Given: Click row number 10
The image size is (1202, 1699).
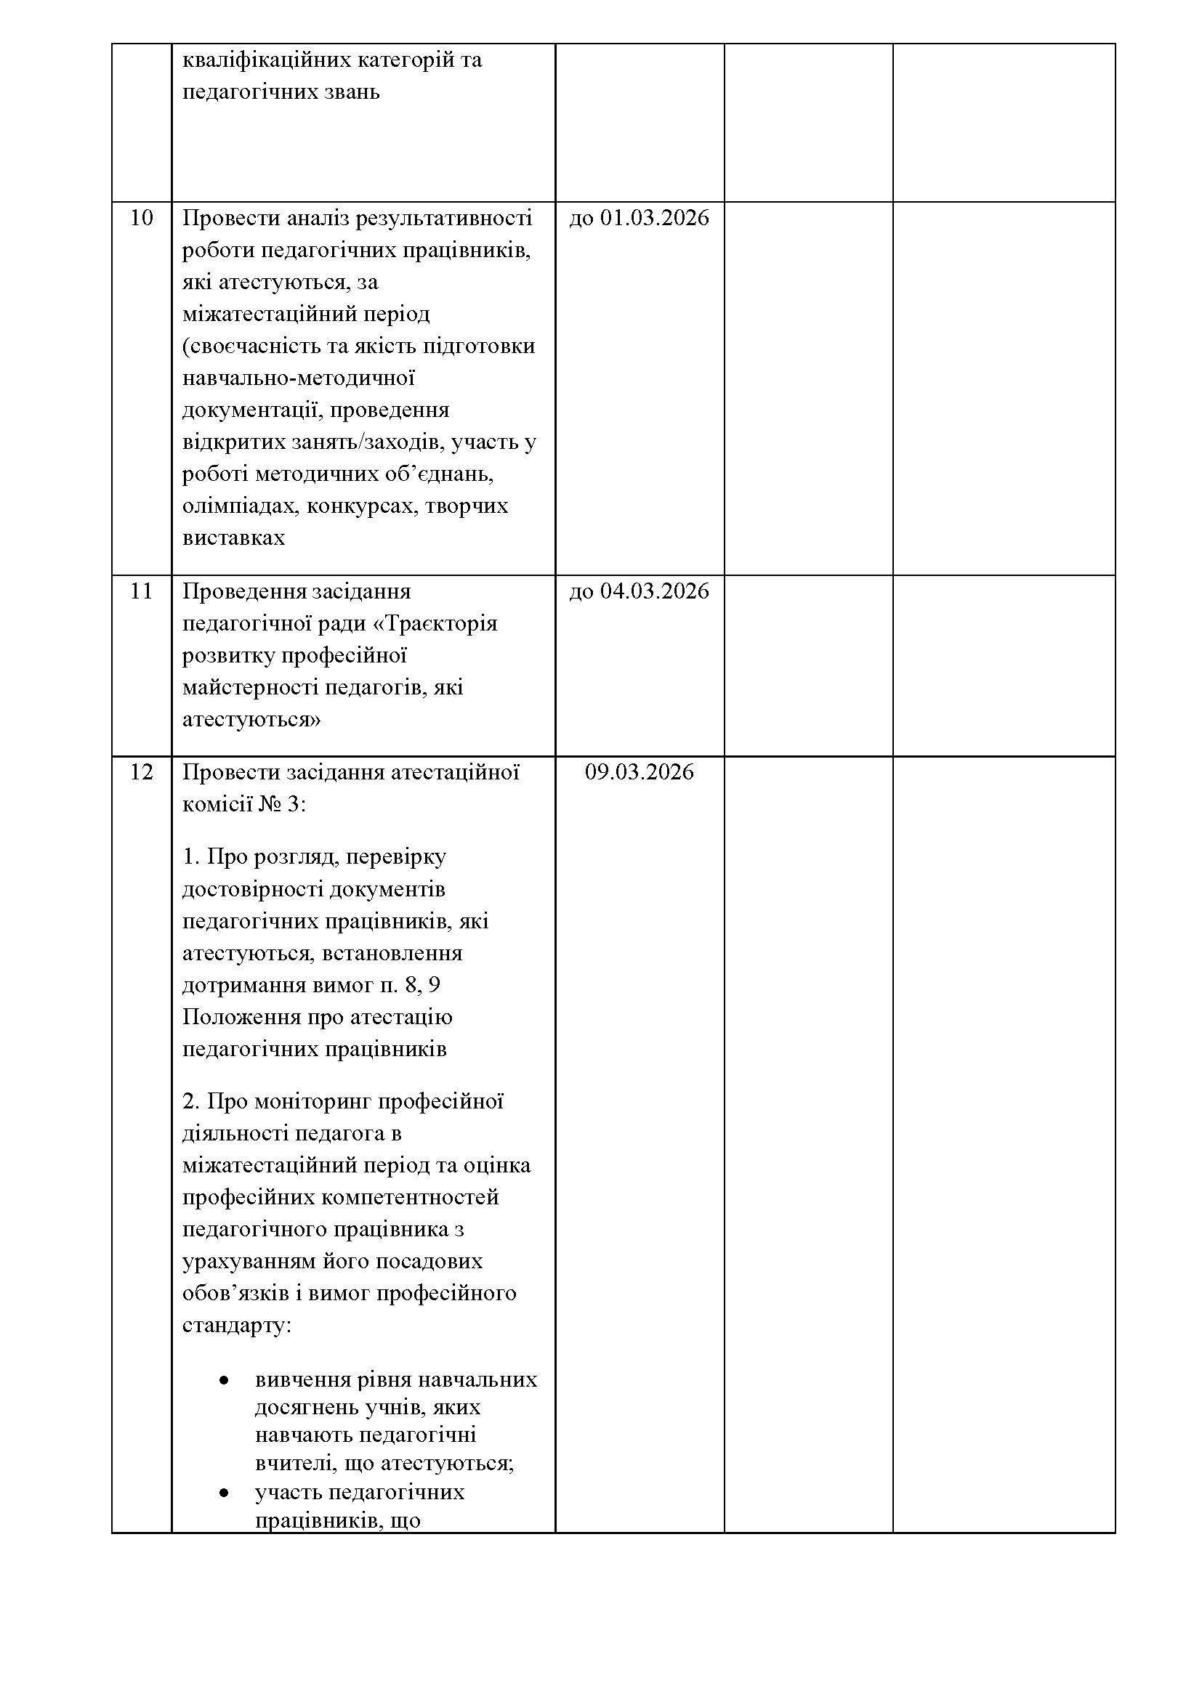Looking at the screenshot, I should click(x=142, y=219).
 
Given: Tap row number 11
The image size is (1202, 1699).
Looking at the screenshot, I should click(x=142, y=592).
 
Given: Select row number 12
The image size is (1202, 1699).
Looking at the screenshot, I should click(x=142, y=773).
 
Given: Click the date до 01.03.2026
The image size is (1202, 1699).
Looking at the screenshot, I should click(x=639, y=219).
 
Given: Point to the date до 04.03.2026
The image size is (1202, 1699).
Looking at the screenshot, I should click(x=639, y=592).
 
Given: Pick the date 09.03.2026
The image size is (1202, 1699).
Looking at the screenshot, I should click(x=639, y=773).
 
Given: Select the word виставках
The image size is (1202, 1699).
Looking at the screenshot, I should click(x=233, y=538).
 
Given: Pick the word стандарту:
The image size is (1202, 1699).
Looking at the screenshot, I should click(x=237, y=1326).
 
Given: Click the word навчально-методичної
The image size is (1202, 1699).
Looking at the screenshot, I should click(x=298, y=378).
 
